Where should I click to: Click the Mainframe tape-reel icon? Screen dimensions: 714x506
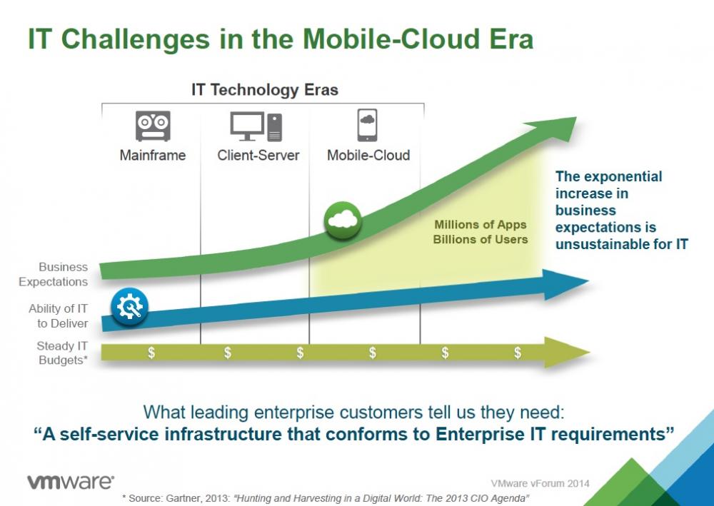point(153,126)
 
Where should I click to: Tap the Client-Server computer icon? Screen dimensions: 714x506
point(256,126)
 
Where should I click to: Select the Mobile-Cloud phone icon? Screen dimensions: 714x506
point(367,125)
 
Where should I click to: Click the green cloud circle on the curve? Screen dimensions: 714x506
point(343,221)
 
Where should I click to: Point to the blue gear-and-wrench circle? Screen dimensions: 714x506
point(129,307)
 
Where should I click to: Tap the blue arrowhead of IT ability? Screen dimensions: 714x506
point(565,284)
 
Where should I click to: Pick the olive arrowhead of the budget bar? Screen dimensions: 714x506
point(567,352)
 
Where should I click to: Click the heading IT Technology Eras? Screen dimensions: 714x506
point(265,90)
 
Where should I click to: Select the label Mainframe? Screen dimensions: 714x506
point(153,155)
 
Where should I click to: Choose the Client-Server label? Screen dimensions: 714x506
point(258,155)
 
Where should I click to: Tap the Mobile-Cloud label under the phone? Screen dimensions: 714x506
point(368,155)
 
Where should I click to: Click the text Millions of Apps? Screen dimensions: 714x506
point(481,225)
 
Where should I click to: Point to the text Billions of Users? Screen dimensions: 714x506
point(481,239)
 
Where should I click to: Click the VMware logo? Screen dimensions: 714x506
point(71,482)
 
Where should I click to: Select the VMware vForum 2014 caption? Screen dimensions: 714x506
point(540,483)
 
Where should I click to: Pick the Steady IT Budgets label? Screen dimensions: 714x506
point(62,353)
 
